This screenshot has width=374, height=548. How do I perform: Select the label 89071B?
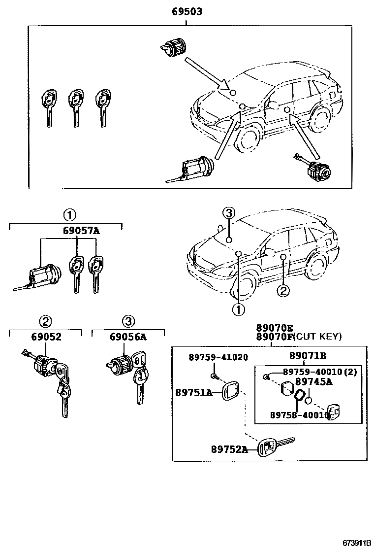pyautogui.click(x=308, y=355)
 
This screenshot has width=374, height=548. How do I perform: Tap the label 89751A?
pyautogui.click(x=193, y=392)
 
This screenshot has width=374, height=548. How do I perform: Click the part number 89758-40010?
pyautogui.click(x=299, y=415)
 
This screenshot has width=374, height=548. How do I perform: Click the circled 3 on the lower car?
pyautogui.click(x=228, y=213)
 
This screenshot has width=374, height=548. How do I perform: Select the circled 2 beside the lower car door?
pyautogui.click(x=283, y=291)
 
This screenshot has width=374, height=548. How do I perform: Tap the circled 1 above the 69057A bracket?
pyautogui.click(x=69, y=215)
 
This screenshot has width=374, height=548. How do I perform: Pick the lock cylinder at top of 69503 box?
pyautogui.click(x=174, y=47)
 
